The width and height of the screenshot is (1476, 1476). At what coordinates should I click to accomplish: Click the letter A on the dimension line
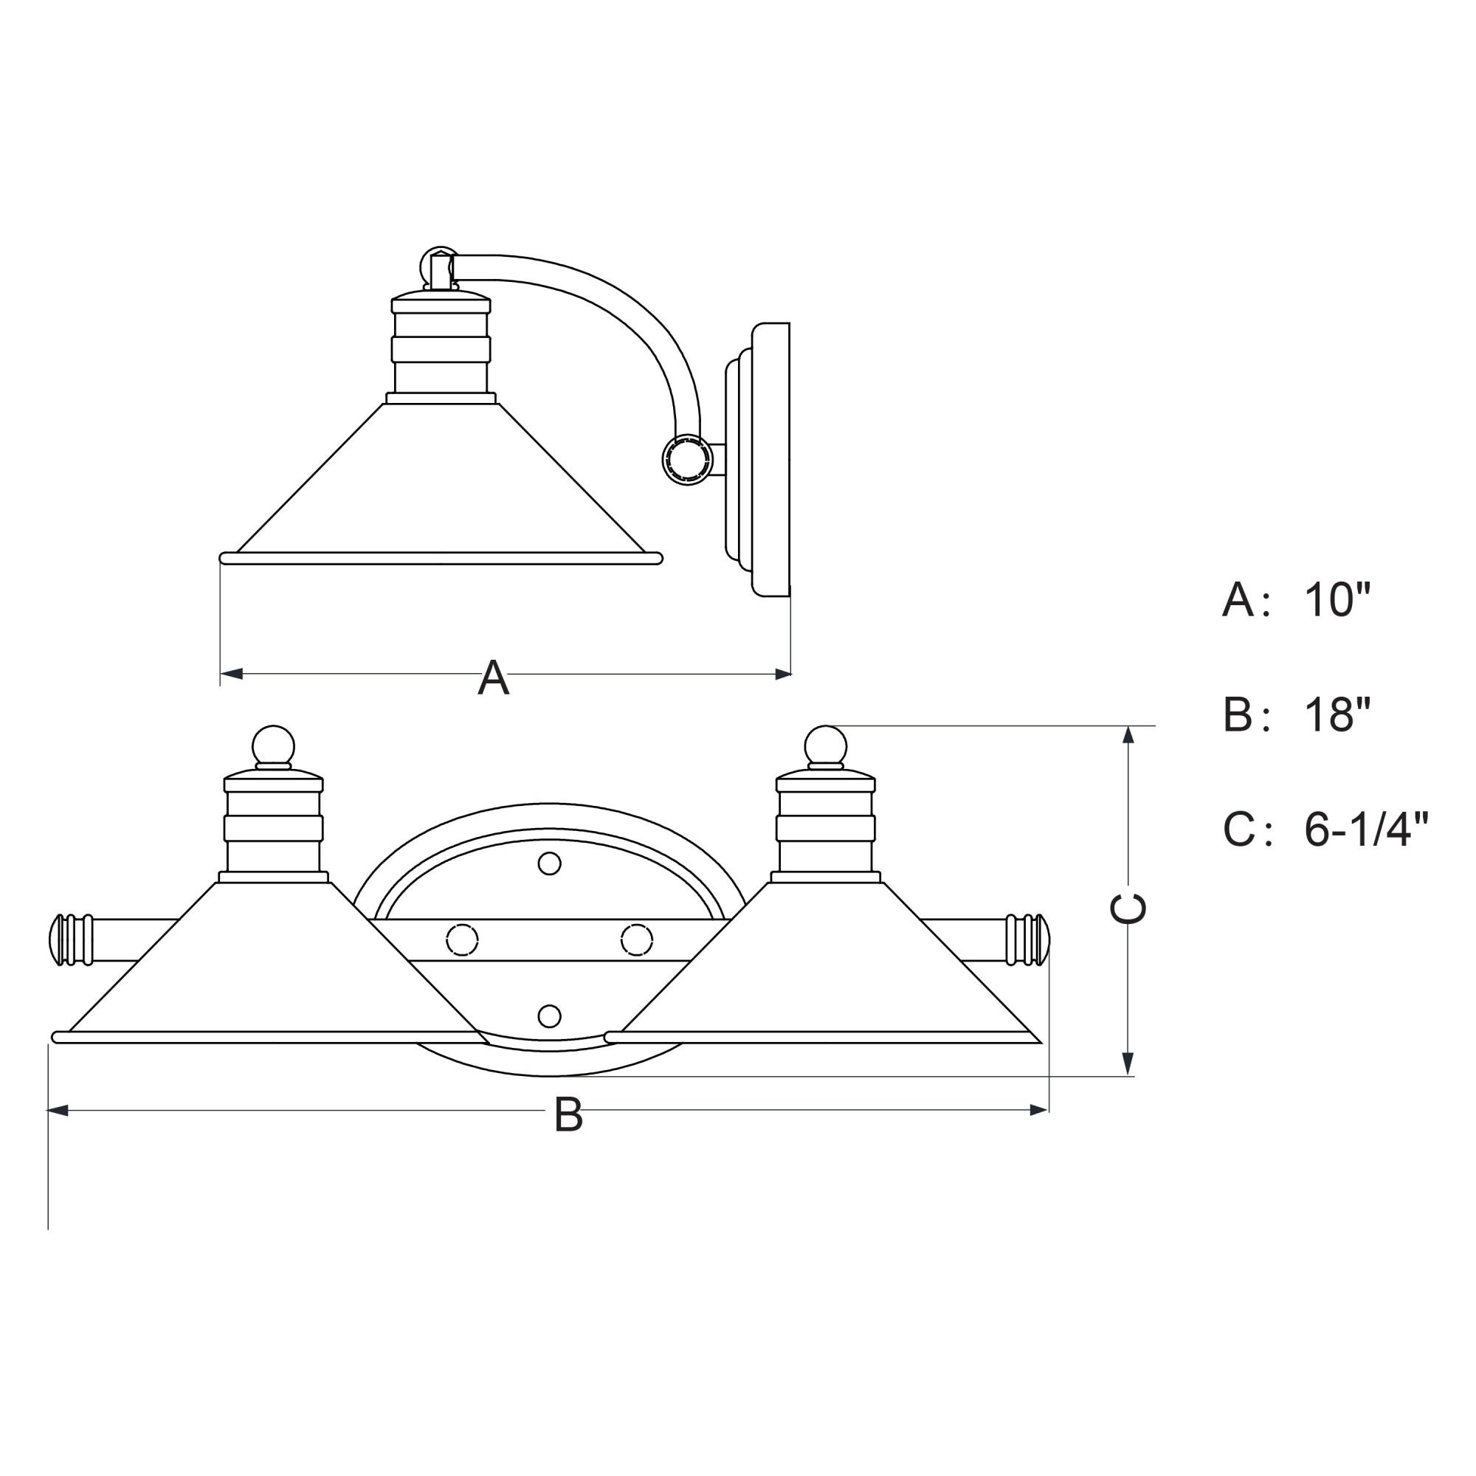(x=494, y=677)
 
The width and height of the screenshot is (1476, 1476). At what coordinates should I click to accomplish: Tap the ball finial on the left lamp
(x=273, y=745)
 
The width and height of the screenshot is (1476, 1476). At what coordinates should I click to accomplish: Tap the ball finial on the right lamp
(x=825, y=745)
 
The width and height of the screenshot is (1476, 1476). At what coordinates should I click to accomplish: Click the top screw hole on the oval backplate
(x=549, y=864)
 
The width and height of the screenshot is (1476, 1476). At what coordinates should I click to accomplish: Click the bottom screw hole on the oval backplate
(x=549, y=1016)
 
